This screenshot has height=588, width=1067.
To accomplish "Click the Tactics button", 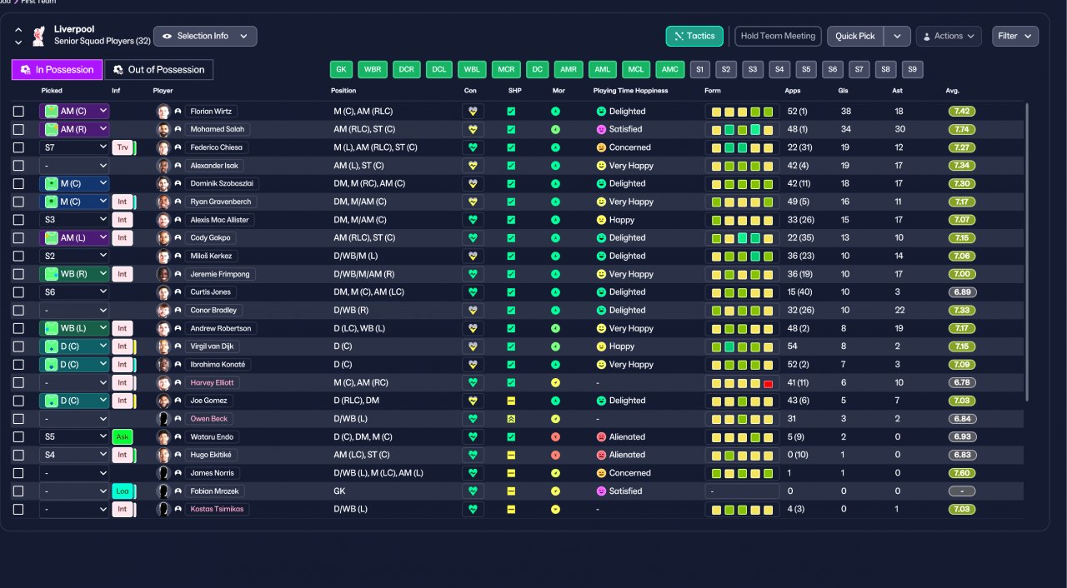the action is [694, 36].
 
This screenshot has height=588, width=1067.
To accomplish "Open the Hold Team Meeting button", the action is [778, 36].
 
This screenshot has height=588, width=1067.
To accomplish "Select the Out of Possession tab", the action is [158, 69].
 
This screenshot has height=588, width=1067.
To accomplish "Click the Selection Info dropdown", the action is [205, 36].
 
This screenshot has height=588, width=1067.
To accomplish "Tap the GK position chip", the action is [341, 69].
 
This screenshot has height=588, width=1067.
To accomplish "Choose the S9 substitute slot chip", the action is [912, 69].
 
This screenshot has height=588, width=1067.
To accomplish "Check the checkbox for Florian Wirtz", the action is [18, 112].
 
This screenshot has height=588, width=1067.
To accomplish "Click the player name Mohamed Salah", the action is [218, 129].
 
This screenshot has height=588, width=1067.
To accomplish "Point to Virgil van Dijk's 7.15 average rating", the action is [962, 346].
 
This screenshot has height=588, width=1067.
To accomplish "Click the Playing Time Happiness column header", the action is [630, 91].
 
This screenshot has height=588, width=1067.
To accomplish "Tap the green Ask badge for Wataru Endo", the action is [123, 436].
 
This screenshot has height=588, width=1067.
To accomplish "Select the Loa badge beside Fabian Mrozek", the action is [123, 491].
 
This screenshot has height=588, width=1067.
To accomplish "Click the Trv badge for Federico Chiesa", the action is [123, 147].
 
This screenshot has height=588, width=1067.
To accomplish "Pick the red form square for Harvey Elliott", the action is [768, 383].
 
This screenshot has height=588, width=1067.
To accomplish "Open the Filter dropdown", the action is [1015, 36].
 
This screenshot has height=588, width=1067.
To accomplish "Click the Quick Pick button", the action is [855, 36].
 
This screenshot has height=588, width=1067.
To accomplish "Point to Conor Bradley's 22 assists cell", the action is [899, 310].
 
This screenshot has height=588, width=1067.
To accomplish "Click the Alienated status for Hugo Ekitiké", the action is [627, 455].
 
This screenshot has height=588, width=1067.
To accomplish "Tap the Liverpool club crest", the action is [38, 36].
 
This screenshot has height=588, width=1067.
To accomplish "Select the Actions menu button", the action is [949, 36].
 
